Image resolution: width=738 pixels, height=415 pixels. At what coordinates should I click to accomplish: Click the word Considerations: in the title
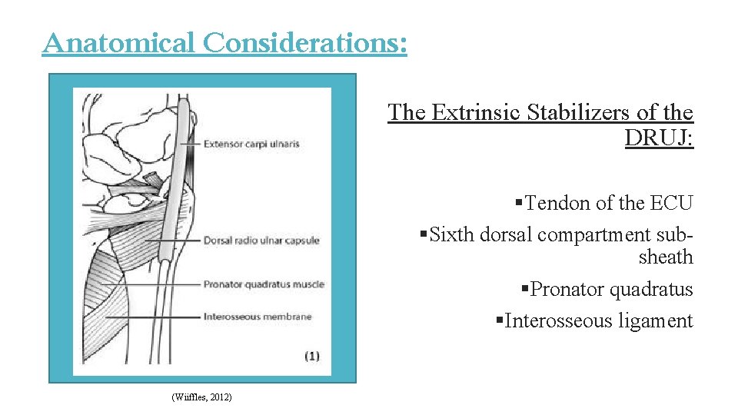coord(304,43)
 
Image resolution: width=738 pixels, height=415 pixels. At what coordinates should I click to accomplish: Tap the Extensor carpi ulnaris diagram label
coord(251,144)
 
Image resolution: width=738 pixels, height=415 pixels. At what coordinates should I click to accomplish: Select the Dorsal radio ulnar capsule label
coord(261,241)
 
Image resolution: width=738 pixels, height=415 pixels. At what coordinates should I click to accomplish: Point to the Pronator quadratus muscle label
coord(263,284)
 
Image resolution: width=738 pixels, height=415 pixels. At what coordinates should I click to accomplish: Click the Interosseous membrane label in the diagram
coord(257,317)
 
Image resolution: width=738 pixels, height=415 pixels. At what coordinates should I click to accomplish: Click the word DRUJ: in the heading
coord(659,138)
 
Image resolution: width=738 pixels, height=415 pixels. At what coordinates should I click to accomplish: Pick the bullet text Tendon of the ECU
coord(609,204)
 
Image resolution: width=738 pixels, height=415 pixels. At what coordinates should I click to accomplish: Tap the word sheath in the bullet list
coord(666,257)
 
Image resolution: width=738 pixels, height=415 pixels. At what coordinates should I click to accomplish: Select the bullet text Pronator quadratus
coord(612,290)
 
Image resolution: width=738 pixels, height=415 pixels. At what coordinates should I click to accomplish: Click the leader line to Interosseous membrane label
coord(154,317)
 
